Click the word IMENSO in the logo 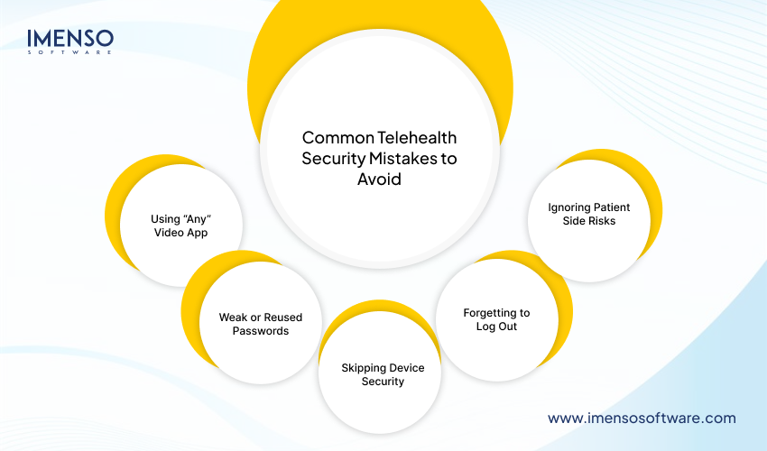[70, 38]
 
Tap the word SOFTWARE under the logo [70, 52]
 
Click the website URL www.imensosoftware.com [642, 418]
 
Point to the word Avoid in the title [379, 179]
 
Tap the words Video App [182, 233]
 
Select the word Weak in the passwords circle [233, 318]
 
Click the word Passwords [260, 331]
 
